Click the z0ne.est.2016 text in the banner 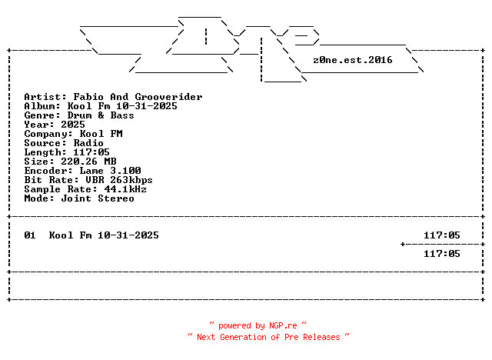pyautogui.click(x=353, y=60)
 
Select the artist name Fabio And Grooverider pyautogui.click(x=138, y=97)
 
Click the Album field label pyautogui.click(x=42, y=106)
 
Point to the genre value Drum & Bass pyautogui.click(x=100, y=115)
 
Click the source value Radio pyautogui.click(x=88, y=143)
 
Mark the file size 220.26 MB pyautogui.click(x=88, y=162)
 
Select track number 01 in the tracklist pyautogui.click(x=30, y=235)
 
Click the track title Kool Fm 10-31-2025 pyautogui.click(x=104, y=235)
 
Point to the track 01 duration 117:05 pyautogui.click(x=442, y=235)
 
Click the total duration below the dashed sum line pyautogui.click(x=442, y=254)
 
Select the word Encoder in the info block pyautogui.click(x=45, y=171)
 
